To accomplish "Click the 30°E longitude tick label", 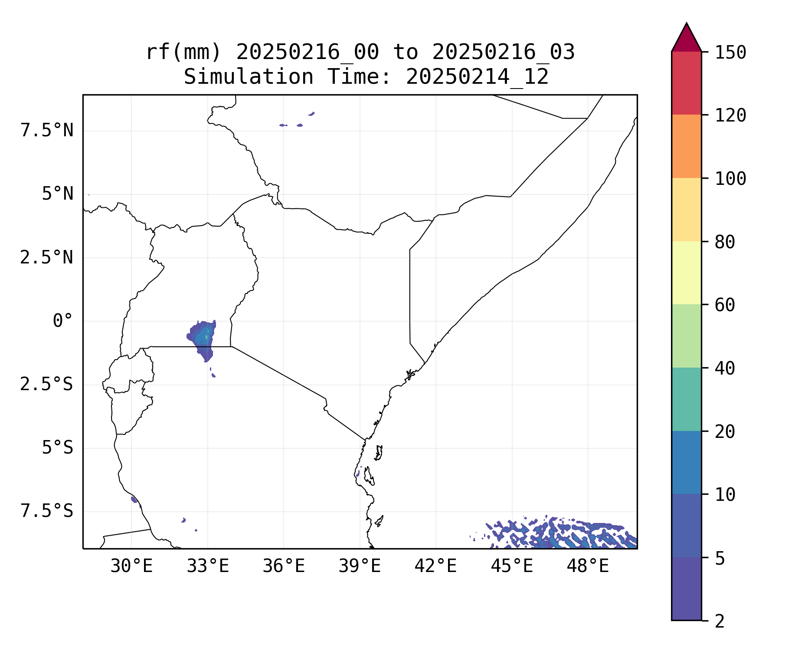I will coord(131,566).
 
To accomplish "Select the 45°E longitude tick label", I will coord(512,566).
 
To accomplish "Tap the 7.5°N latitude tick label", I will coord(47,131).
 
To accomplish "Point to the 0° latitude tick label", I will coord(63,322).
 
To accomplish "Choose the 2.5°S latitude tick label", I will coord(47,385).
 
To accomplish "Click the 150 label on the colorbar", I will coord(730,53).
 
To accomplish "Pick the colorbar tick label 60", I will coord(725,305).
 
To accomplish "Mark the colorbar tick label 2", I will coord(720,621).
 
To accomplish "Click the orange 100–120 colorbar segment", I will coord(686,146).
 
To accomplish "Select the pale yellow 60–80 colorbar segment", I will coord(686,273).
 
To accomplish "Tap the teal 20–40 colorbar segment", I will coord(686,399).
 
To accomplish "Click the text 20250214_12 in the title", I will coord(477,77).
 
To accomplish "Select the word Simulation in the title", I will coord(249,77).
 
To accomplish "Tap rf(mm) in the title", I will coord(183,53).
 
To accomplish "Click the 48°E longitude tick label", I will coord(588,566).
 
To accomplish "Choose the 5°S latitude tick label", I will coord(58,448).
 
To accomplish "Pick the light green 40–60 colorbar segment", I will coord(686,336).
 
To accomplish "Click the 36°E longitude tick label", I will coord(284,566).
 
